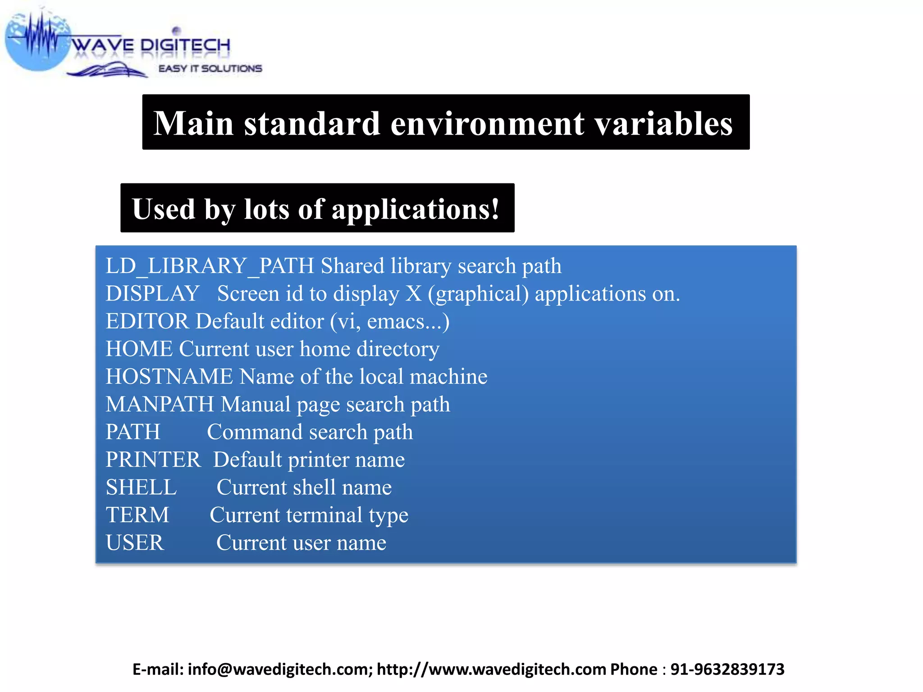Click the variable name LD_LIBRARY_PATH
click(x=210, y=266)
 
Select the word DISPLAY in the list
click(x=152, y=294)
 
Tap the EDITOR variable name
click(x=147, y=322)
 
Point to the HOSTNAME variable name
click(x=169, y=377)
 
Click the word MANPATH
click(x=160, y=405)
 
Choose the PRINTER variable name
click(x=153, y=460)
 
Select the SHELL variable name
click(x=141, y=487)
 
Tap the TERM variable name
click(x=137, y=515)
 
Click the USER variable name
click(x=135, y=543)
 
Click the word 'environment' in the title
click(x=487, y=123)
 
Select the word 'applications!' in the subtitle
click(x=416, y=209)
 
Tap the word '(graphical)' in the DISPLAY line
click(x=478, y=294)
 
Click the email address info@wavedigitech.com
click(x=280, y=669)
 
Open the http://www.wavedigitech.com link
click(x=491, y=669)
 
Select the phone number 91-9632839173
click(x=727, y=669)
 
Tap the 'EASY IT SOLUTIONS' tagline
click(x=210, y=68)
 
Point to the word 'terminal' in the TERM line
click(x=324, y=515)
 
